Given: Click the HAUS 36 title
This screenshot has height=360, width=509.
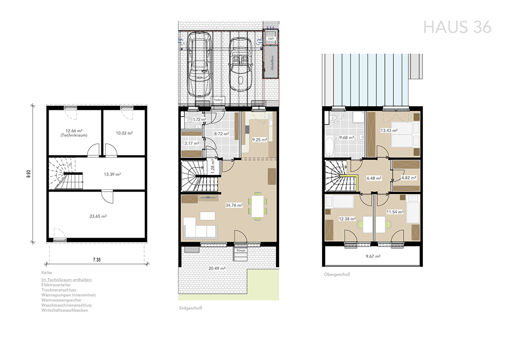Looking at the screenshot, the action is tap(457, 27).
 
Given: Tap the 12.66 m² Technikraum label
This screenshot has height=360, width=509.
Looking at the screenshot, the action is tap(74, 133).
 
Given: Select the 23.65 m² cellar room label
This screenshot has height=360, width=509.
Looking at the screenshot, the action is tap(98, 216).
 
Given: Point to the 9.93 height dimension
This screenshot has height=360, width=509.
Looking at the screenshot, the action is tap(29, 174).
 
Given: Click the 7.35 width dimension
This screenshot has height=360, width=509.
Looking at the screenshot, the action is tap(97, 260).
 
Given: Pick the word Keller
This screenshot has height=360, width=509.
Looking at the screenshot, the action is tap(47, 272).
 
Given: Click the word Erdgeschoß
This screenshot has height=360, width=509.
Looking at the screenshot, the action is tap(191, 308).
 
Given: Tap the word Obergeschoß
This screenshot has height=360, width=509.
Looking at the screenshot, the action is tap(337, 274).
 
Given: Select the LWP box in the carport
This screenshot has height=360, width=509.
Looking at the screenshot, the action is tap(271, 38).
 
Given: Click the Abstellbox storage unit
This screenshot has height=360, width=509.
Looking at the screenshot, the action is tap(271, 62).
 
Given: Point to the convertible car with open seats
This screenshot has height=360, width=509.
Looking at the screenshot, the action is tap(241, 64).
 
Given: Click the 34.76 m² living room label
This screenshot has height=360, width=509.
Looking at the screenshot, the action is tap(234, 205).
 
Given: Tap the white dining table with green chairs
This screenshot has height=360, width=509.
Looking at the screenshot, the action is tap(258, 206).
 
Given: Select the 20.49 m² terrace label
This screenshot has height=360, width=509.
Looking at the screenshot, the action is tap(217, 268).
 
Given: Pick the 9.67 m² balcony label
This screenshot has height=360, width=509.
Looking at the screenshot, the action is tap(373, 256).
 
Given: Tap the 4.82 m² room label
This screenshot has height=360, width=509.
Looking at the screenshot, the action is tap(409, 178).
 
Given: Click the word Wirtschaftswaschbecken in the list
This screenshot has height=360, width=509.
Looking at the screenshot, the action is tap(65, 310).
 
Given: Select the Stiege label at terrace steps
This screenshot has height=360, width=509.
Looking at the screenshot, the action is tap(241, 250).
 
